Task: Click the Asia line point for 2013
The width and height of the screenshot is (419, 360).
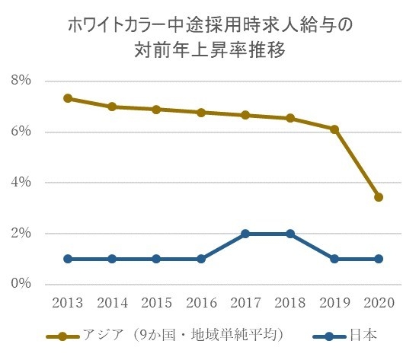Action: point(68,98)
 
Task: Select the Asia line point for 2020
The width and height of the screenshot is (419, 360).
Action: point(379,197)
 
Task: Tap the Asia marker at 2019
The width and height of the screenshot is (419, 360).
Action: point(334,129)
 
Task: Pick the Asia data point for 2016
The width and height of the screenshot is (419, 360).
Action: point(201,113)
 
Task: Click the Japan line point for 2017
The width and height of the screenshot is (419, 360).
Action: point(245,234)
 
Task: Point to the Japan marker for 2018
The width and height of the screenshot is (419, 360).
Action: point(290,234)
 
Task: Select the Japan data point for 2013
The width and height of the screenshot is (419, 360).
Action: point(68,259)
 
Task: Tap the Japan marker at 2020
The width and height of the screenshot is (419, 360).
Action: point(379,259)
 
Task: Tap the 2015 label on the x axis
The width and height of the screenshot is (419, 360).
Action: point(156,302)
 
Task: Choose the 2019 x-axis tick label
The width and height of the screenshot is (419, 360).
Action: point(334,302)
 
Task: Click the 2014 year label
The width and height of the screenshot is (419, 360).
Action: point(112,302)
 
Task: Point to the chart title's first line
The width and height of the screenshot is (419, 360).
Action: point(209,24)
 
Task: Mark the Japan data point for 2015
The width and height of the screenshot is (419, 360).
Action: point(156,259)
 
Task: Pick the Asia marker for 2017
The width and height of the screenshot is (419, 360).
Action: point(245,115)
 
